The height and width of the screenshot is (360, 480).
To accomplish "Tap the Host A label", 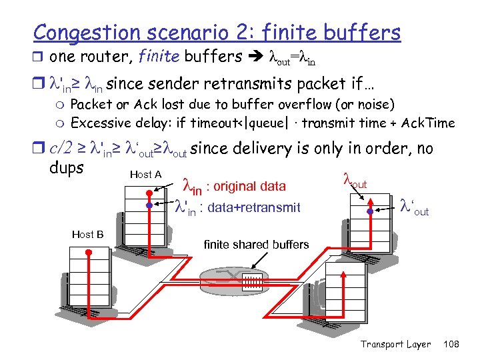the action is [145, 175].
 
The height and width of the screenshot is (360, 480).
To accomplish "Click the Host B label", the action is [87, 234].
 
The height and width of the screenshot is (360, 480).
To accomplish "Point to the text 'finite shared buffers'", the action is [256, 245].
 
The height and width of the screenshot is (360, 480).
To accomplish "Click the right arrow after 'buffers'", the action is [255, 57].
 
